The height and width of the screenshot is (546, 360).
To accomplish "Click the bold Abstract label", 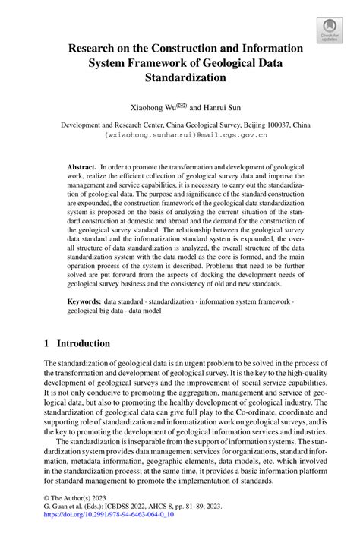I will pos(81,166).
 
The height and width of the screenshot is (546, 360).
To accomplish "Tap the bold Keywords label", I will pos(87,301).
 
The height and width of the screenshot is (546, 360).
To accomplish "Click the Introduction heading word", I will pos(84,343).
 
